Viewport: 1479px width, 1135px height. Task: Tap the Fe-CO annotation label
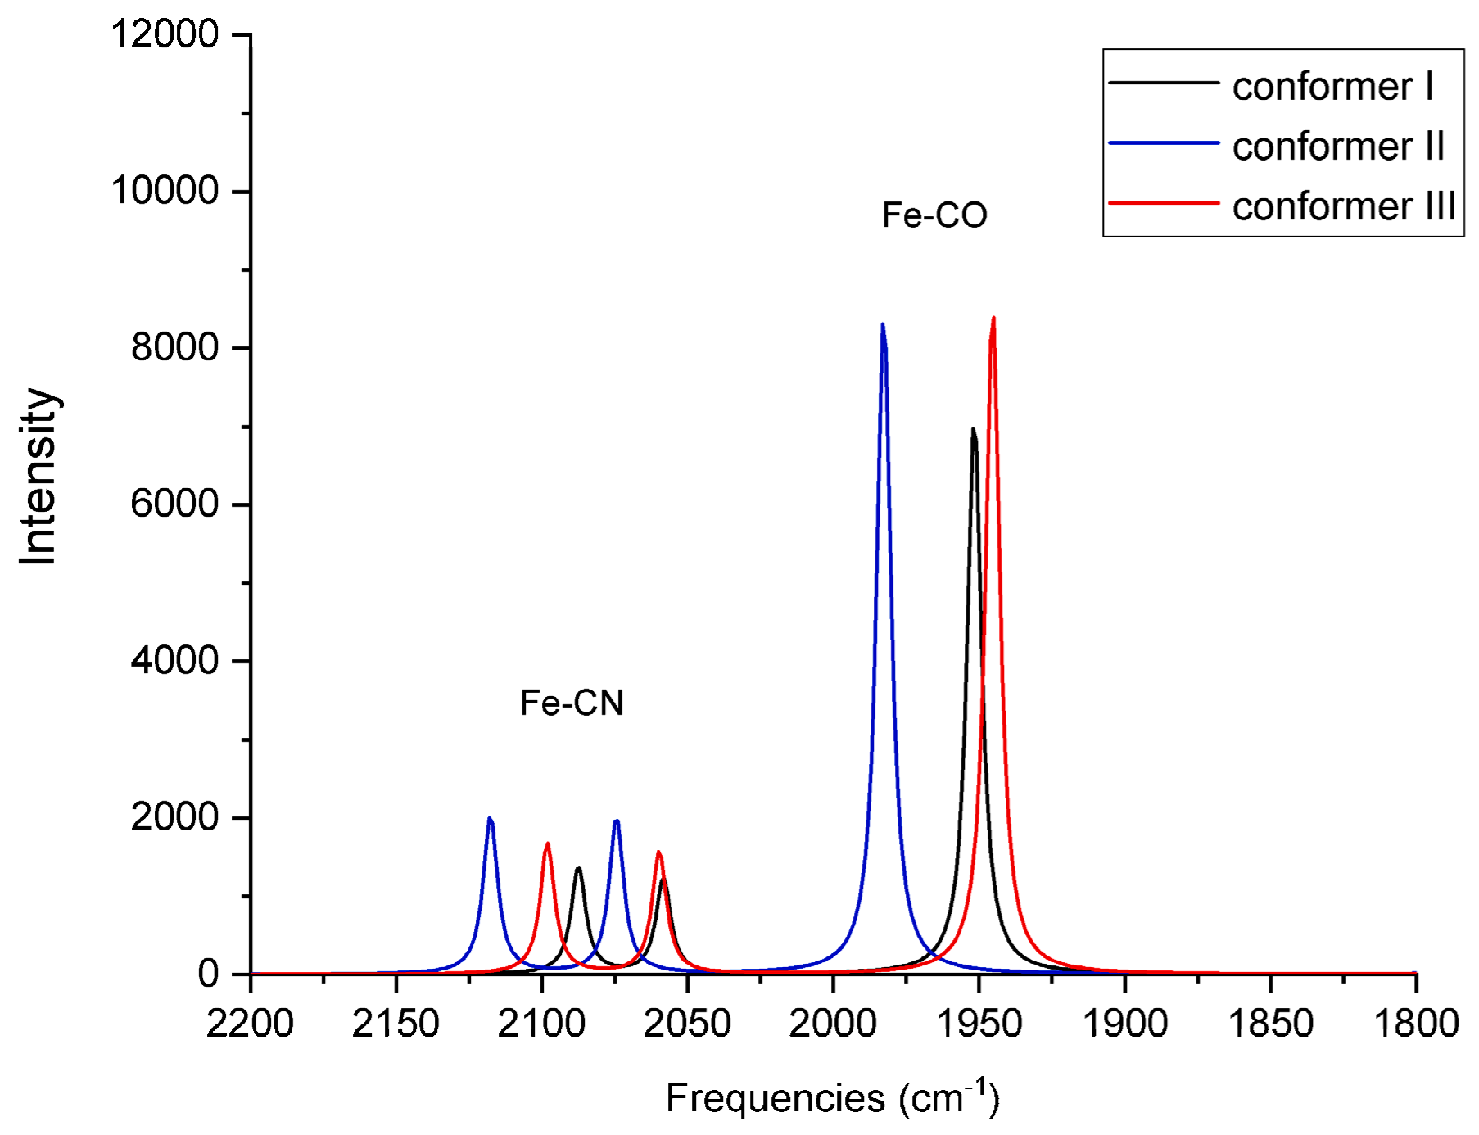pos(934,215)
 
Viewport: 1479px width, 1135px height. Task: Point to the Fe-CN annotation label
pos(572,703)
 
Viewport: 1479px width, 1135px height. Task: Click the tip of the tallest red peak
pos(993,319)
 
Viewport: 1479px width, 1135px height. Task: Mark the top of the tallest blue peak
pos(883,324)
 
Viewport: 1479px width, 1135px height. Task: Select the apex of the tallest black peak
pos(973,429)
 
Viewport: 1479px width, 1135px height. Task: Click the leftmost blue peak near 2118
pos(490,818)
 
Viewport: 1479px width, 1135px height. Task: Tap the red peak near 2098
pos(548,843)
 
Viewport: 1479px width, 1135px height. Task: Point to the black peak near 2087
pos(578,868)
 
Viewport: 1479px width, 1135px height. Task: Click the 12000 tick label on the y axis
pos(165,34)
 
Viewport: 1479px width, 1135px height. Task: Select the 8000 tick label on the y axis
pos(174,348)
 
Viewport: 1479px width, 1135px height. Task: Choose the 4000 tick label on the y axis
pos(174,661)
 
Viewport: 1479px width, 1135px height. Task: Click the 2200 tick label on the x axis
pos(250,1024)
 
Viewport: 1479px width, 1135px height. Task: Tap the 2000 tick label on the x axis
pos(833,1024)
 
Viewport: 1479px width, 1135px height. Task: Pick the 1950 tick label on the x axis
pos(979,1024)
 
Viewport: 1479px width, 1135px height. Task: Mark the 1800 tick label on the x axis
pos(1416,1024)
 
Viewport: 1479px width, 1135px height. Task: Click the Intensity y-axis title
pos(38,477)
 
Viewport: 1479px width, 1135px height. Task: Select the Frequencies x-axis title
pos(832,1098)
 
